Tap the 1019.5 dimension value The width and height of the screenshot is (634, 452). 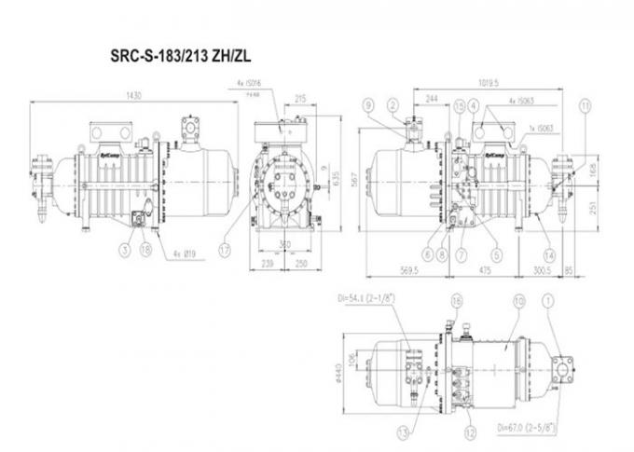click(481, 81)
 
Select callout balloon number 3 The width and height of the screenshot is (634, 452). click(122, 248)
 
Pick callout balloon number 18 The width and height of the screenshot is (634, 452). click(145, 248)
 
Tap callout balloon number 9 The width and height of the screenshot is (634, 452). click(369, 104)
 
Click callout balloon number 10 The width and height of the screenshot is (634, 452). click(518, 301)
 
